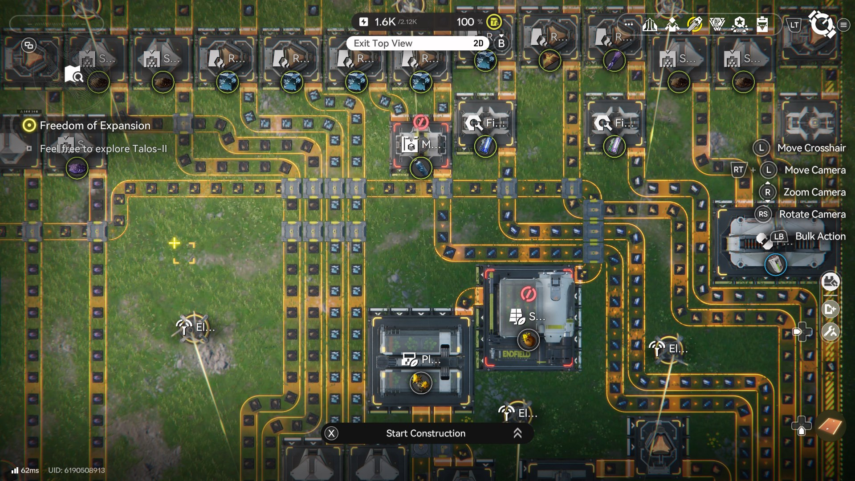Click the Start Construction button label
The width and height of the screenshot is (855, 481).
425,433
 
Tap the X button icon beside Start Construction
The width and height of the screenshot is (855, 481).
331,433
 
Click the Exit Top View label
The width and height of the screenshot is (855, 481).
383,43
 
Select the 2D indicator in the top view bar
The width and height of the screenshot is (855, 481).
478,43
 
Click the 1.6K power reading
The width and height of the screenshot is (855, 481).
385,22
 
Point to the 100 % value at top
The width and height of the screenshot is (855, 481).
469,22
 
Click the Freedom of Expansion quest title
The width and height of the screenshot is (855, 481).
95,126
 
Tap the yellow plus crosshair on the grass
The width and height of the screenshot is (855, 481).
174,243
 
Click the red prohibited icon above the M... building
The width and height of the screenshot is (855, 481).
420,122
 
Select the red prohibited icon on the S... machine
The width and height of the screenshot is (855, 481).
528,294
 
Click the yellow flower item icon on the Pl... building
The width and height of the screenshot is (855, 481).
420,382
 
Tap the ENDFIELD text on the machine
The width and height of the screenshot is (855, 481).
517,355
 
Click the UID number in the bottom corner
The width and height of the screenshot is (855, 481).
77,470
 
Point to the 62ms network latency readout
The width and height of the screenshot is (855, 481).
29,470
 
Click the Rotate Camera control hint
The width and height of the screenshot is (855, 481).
812,214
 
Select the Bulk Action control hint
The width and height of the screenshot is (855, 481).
820,236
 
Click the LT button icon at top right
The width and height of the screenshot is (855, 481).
794,25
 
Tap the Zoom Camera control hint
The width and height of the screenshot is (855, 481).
814,192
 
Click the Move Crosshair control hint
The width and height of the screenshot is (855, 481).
811,148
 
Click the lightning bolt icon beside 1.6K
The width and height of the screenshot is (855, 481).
364,22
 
